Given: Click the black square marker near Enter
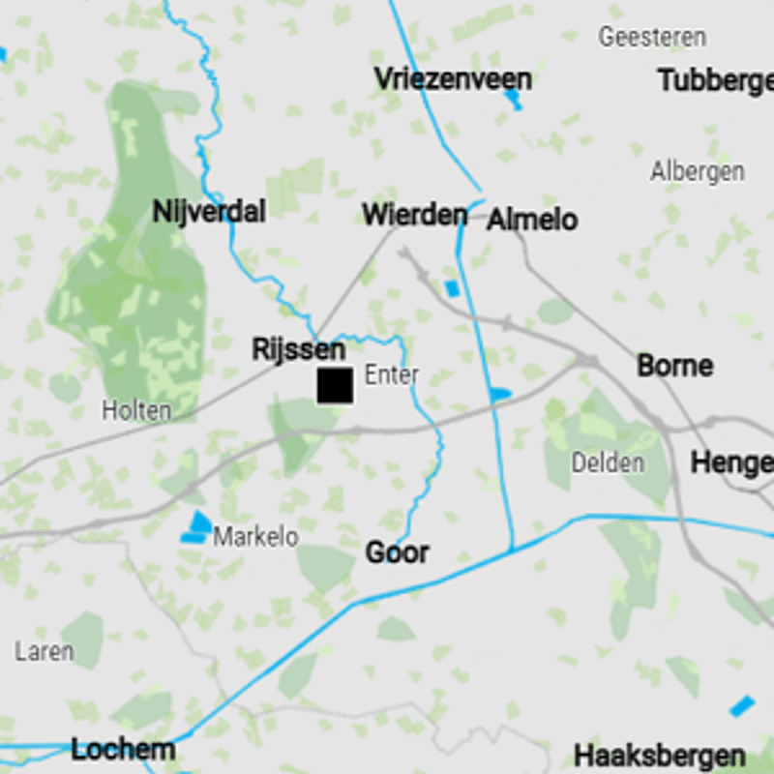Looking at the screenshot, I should (335, 385).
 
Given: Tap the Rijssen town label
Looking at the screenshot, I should (298, 349).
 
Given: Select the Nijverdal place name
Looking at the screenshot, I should (209, 211).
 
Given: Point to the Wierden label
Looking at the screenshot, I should (414, 214).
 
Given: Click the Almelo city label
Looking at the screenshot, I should (532, 220).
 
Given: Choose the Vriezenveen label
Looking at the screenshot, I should (453, 78).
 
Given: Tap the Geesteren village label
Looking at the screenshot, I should (651, 38).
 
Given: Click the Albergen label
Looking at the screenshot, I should (697, 171).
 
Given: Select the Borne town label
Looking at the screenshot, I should (674, 366).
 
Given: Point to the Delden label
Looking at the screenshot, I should (608, 462).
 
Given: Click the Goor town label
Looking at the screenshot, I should (397, 552).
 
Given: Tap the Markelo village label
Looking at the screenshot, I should (255, 536).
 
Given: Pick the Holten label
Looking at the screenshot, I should (136, 410).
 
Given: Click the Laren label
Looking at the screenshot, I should (44, 651).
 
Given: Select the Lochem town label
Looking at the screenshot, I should (123, 749).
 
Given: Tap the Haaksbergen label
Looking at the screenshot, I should (660, 756).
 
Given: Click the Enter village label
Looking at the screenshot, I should (391, 374).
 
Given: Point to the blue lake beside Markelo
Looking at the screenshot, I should (197, 526).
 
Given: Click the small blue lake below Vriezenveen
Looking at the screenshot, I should (514, 99).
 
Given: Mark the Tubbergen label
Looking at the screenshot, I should (716, 80).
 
